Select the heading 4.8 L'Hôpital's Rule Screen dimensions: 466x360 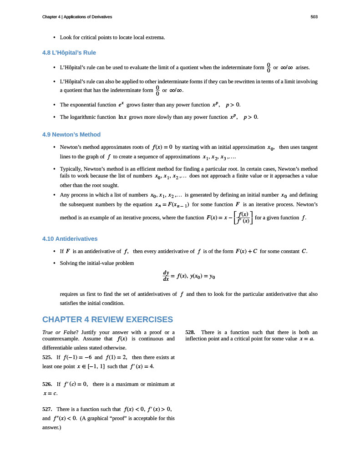click(69, 52)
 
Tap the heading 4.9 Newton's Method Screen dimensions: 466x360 click(71, 134)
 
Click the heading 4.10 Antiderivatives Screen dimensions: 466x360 click(70, 238)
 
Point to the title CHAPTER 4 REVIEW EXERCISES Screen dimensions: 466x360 click(107, 319)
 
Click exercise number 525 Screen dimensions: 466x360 click(47, 358)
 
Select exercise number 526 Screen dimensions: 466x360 click(47, 385)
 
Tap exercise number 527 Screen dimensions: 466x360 click(47, 409)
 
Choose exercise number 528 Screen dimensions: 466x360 click(191, 332)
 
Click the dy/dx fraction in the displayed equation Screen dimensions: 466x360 click(166, 276)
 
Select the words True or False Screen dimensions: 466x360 click(61, 332)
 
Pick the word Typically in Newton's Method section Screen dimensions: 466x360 click(71, 169)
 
